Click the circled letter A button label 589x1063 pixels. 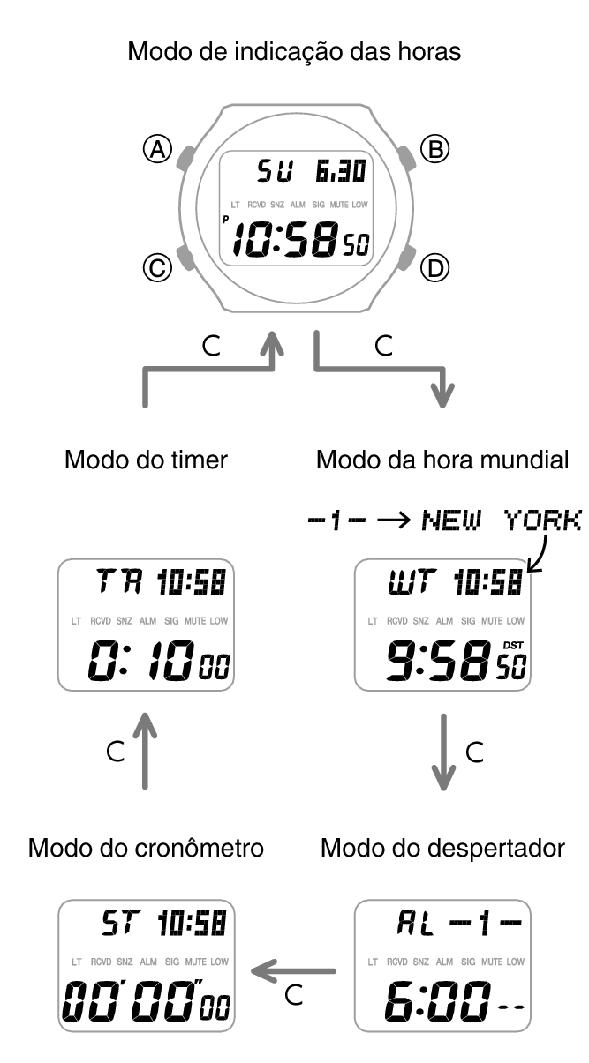click(157, 149)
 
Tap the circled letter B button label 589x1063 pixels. click(435, 149)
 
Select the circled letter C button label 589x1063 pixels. click(157, 268)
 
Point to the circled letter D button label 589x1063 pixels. click(435, 268)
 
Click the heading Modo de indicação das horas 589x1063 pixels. click(294, 51)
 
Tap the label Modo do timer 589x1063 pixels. click(147, 460)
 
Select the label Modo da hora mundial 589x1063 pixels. click(442, 460)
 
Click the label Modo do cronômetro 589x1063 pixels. click(146, 848)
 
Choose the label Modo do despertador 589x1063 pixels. click(442, 848)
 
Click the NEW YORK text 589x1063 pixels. click(502, 520)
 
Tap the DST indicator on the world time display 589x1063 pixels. click(513, 646)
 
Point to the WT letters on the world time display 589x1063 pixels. click(412, 582)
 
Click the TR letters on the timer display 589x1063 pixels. click(120, 581)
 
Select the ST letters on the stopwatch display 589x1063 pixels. click(121, 923)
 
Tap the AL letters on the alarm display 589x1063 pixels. click(416, 923)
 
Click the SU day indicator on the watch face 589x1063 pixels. click(275, 171)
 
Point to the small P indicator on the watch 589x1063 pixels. click(226, 219)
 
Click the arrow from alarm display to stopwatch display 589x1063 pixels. click(293, 971)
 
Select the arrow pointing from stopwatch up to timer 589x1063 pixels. click(146, 752)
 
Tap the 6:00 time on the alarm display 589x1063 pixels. click(437, 1001)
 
